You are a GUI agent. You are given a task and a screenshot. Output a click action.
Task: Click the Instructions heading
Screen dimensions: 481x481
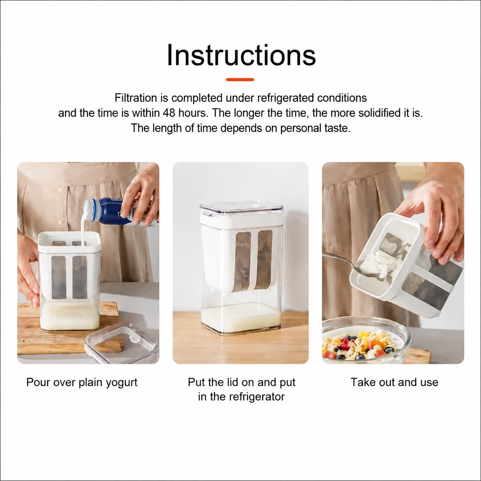tap(241, 55)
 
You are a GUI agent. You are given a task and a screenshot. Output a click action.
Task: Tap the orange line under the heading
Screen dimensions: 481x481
tap(240, 80)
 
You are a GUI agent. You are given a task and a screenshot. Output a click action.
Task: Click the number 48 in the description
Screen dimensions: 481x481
tap(170, 113)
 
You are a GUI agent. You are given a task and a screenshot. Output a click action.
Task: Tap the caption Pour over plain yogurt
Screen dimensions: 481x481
tap(82, 382)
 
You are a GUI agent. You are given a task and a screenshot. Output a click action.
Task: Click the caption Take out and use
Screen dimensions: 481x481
tap(394, 382)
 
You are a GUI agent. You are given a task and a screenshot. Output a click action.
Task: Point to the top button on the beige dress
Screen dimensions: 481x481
tap(60, 190)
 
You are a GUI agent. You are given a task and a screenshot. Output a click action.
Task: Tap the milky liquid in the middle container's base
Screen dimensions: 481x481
tap(241, 320)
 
